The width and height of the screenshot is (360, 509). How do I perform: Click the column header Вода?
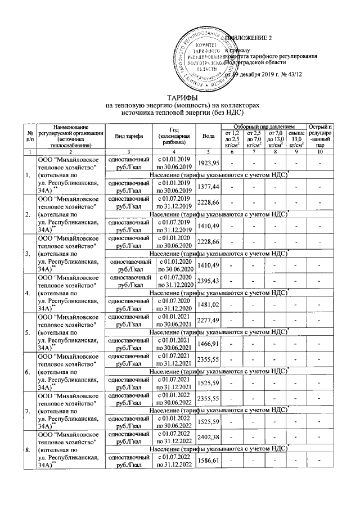point(208,136)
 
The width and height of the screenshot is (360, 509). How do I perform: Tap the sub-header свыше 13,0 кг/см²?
point(292,139)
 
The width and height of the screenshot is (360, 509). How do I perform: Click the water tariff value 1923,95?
point(208,163)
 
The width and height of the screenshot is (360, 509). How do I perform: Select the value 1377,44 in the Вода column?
point(208,185)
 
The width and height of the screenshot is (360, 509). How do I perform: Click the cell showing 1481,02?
point(208,304)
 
